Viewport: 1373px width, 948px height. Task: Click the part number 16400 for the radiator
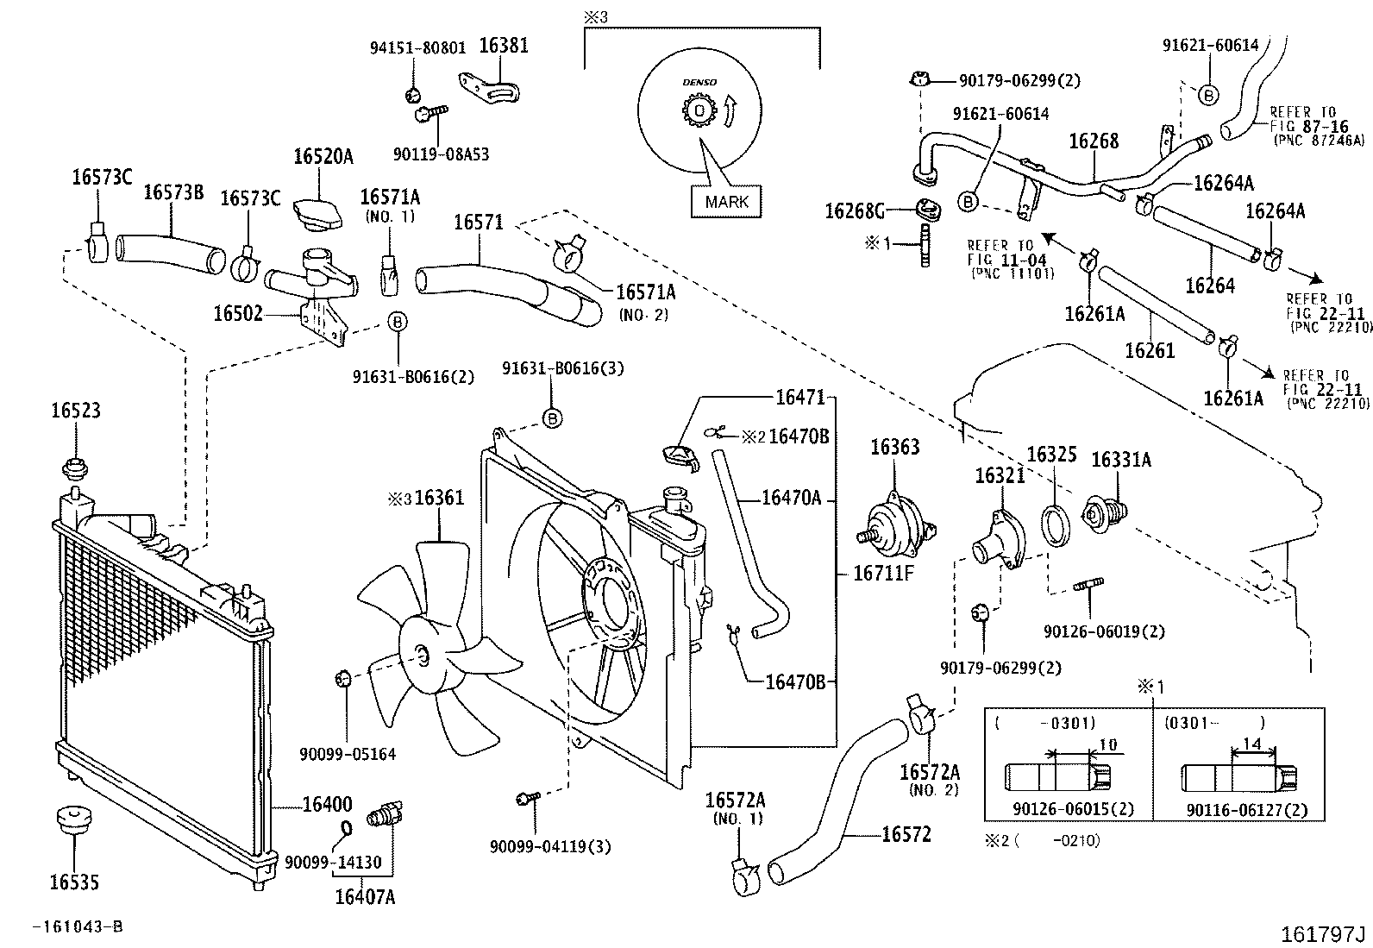coord(327,804)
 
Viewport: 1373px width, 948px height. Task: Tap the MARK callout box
coord(727,202)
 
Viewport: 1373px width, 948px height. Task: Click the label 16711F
coord(883,572)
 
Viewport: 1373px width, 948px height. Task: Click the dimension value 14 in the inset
coord(1251,744)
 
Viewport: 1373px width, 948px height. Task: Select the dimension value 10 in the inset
coord(1108,744)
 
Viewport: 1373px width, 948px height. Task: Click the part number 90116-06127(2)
coord(1246,810)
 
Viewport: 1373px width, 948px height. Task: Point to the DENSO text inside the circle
coord(699,82)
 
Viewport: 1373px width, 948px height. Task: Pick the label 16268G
coord(855,210)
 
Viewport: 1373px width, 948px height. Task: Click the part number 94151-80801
coord(417,48)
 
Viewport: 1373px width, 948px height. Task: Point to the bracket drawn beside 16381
coord(492,90)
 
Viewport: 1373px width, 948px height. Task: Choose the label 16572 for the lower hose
coord(906,834)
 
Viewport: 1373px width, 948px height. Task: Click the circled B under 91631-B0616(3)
coord(552,418)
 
